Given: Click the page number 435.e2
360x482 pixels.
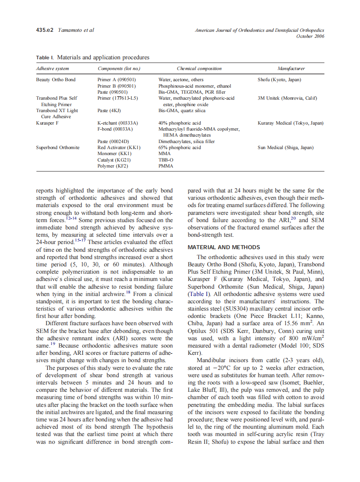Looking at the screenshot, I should click(x=44, y=30).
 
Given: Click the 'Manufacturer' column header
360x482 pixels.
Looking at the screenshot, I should click(x=291, y=68).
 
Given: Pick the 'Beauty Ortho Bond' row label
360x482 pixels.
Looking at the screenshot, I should click(x=56, y=79).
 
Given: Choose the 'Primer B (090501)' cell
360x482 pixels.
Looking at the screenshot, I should click(x=117, y=86).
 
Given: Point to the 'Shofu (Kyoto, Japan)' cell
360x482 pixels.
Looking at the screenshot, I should click(x=279, y=79).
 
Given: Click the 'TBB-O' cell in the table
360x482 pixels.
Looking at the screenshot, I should click(x=165, y=160).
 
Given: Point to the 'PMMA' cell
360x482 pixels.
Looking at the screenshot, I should click(x=166, y=166).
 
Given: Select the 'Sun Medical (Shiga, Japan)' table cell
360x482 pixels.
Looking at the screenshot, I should click(x=286, y=147).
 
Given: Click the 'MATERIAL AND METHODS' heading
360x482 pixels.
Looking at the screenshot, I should click(x=224, y=247).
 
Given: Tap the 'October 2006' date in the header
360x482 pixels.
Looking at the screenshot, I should click(x=310, y=36).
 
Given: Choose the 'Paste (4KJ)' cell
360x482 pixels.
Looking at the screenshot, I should click(x=110, y=110).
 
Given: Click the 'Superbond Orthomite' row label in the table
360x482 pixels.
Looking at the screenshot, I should click(x=58, y=147).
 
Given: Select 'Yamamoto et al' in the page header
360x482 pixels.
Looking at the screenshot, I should click(x=76, y=30).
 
